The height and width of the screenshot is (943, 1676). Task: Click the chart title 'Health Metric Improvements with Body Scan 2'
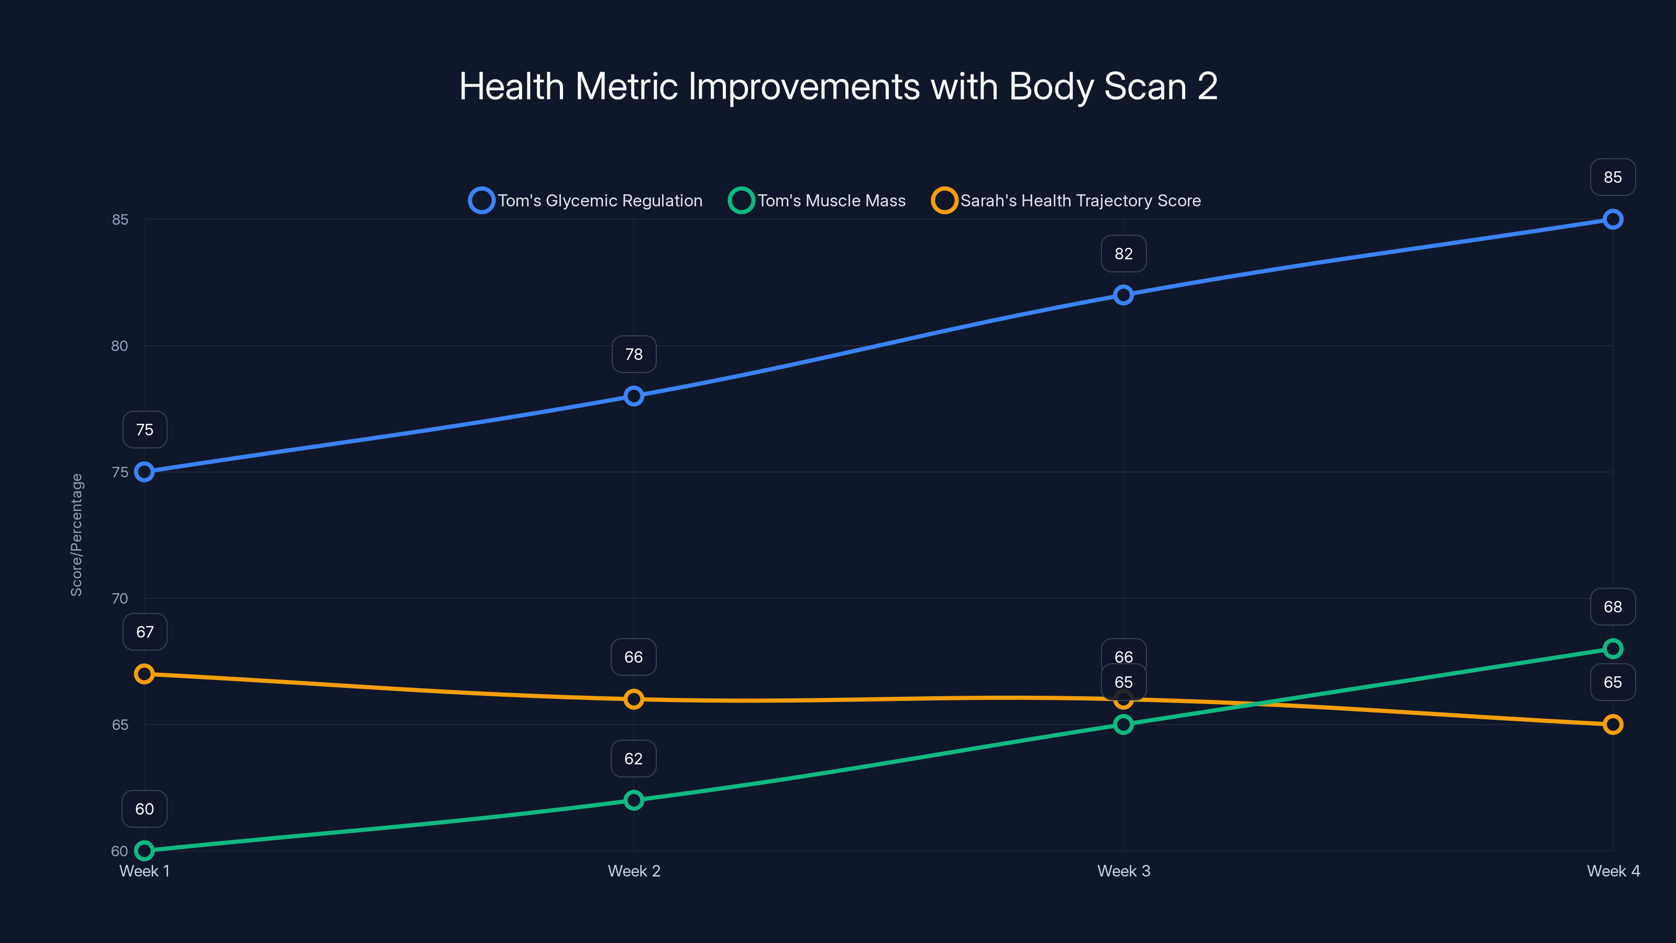(x=838, y=86)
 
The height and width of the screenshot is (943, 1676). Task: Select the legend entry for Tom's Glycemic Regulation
(x=586, y=201)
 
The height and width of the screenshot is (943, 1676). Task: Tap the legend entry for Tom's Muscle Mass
(x=817, y=201)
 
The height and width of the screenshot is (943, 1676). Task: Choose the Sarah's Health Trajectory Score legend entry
(x=1067, y=201)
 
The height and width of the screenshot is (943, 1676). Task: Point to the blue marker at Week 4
(x=1612, y=220)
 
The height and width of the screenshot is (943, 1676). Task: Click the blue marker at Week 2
(x=634, y=396)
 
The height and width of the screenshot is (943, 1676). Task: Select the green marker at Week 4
(x=1612, y=648)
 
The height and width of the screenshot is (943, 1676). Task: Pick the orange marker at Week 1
(x=145, y=674)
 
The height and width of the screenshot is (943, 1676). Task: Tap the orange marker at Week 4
(x=1612, y=725)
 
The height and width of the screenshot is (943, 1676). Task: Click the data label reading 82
(x=1123, y=254)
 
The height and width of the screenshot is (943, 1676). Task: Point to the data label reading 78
(x=634, y=354)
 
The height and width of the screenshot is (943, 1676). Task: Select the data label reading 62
(x=633, y=759)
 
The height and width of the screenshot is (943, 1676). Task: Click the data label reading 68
(x=1612, y=607)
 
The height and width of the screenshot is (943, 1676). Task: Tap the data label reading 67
(x=145, y=632)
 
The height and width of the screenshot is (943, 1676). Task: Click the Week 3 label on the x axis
(x=1123, y=871)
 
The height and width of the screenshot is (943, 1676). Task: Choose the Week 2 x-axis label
(x=634, y=871)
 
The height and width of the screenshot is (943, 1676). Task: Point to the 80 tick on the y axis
(x=120, y=346)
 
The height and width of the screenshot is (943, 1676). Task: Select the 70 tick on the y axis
(x=120, y=598)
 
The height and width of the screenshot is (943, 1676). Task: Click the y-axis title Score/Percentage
(x=77, y=534)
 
